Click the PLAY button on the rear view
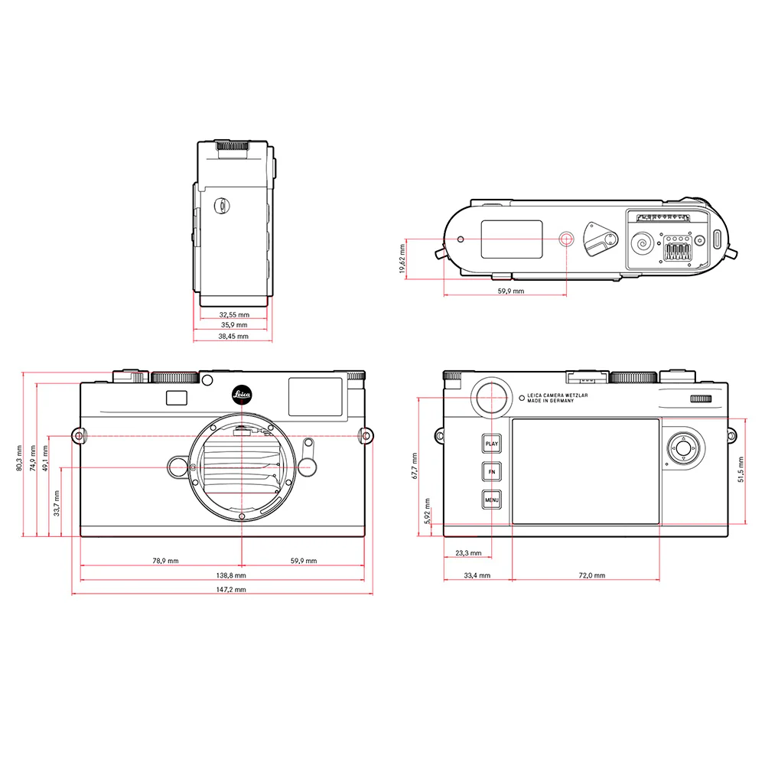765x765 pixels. (x=491, y=444)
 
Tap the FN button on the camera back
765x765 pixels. (x=491, y=473)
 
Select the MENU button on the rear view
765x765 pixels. (x=491, y=501)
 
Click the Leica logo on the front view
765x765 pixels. (x=242, y=396)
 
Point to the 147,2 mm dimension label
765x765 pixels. (x=230, y=590)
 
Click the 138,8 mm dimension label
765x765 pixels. (x=230, y=575)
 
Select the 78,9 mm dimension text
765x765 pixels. (x=165, y=561)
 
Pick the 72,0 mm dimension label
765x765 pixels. (x=591, y=575)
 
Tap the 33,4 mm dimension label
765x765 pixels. (x=477, y=575)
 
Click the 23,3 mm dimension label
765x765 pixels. (x=468, y=552)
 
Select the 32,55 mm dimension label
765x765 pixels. (x=234, y=314)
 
